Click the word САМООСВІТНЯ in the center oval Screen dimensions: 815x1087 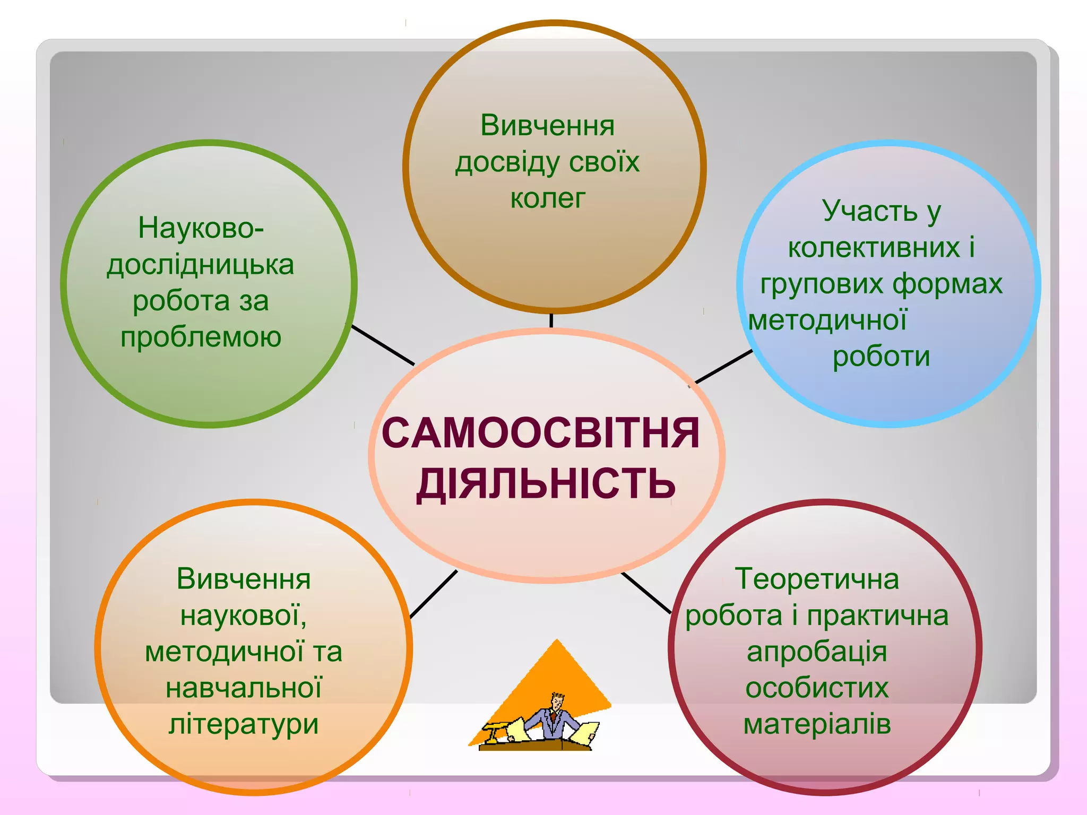tap(540, 433)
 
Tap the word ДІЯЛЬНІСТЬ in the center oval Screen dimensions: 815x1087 tap(546, 483)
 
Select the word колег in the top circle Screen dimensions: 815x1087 tap(547, 199)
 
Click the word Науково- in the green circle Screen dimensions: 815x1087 tap(201, 228)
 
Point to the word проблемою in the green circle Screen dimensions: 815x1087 tap(201, 337)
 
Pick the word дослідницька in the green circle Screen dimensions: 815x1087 tap(201, 265)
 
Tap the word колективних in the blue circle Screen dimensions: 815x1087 tap(874, 247)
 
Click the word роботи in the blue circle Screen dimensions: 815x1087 tap(881, 356)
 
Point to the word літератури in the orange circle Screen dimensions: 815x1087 tap(244, 724)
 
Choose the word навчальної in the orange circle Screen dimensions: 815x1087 tap(244, 688)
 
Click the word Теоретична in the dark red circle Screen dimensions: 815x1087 tap(817, 579)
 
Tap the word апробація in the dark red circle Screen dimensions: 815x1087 tap(817, 652)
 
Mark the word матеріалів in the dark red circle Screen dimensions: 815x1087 tap(817, 724)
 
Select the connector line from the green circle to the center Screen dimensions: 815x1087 tap(383, 345)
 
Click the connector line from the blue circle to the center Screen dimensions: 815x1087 tap(723, 366)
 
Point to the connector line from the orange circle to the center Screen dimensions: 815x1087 tap(434, 594)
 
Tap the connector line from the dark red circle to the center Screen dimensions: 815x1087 tap(646, 593)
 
